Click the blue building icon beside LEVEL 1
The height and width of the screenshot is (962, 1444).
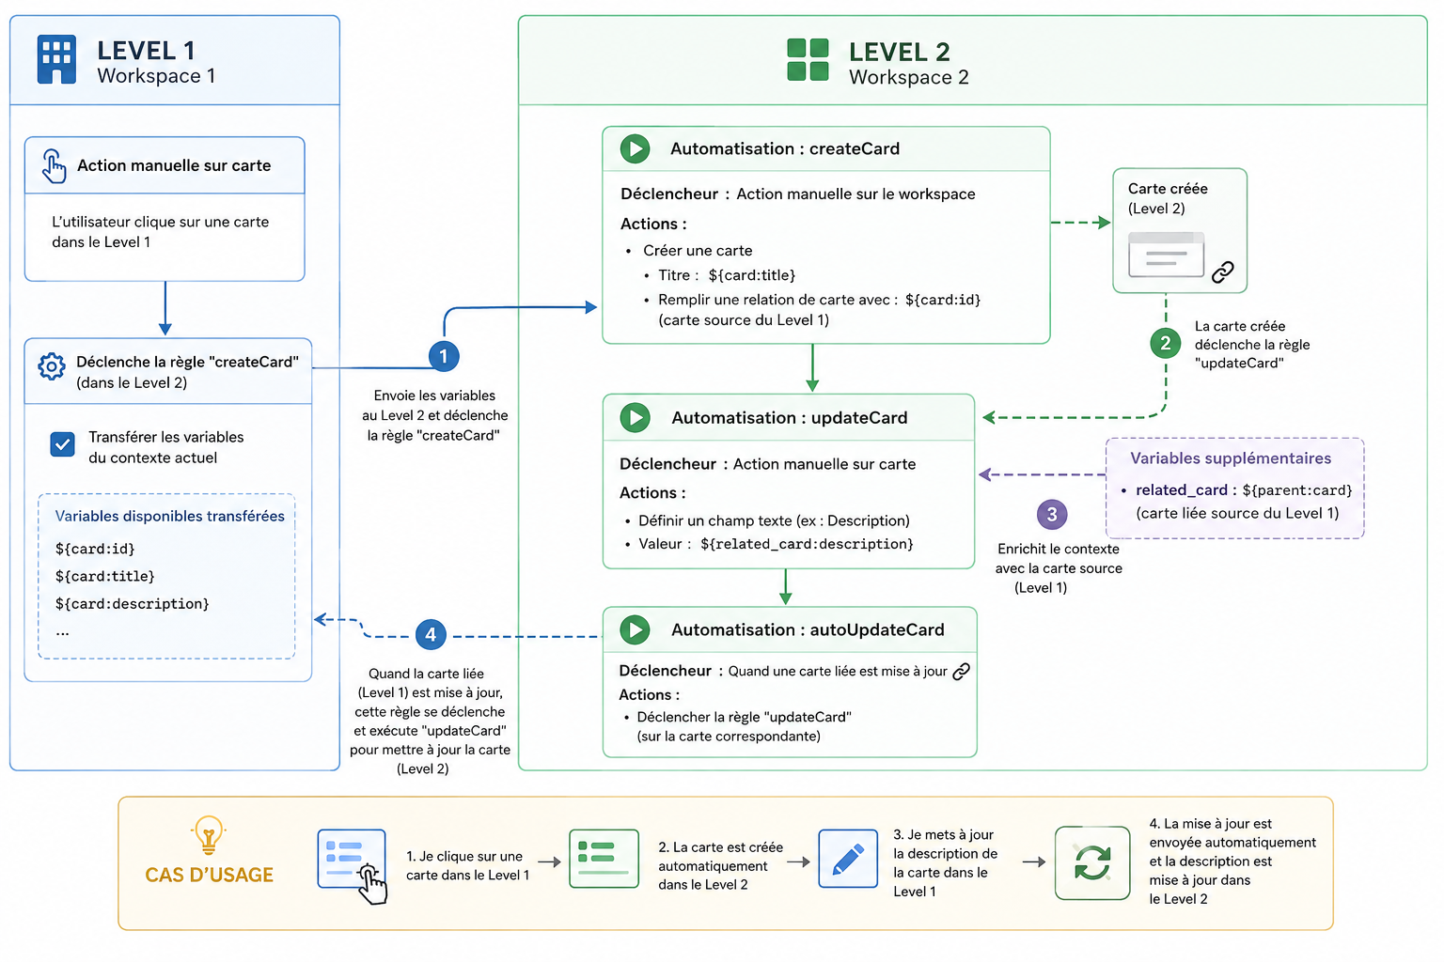(56, 59)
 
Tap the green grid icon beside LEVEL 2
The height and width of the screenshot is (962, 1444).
(808, 59)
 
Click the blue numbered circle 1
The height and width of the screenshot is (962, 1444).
(444, 356)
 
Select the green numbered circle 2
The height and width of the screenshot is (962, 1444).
(1166, 344)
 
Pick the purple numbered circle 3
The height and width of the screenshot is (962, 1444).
(1052, 514)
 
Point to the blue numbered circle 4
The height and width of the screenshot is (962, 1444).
(431, 635)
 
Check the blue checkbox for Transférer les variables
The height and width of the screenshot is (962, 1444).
(63, 444)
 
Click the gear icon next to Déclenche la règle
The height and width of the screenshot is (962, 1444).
(51, 366)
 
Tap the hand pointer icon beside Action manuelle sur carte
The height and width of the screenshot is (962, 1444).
(54, 166)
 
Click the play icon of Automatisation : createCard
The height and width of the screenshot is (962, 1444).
(635, 148)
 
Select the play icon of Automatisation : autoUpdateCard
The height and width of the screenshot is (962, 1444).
(635, 629)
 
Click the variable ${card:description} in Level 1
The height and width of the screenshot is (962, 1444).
(133, 604)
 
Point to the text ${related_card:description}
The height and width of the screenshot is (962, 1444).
(808, 544)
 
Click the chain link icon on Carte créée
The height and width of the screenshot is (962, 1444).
(1223, 272)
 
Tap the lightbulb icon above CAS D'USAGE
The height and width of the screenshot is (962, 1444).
(208, 835)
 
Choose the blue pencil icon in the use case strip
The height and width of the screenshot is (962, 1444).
(848, 859)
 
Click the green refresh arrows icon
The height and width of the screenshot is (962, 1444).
(1092, 862)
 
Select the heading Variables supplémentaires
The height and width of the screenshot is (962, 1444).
(1231, 458)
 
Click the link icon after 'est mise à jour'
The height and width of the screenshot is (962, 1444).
(961, 672)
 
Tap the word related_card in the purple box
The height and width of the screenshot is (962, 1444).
(1182, 490)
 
